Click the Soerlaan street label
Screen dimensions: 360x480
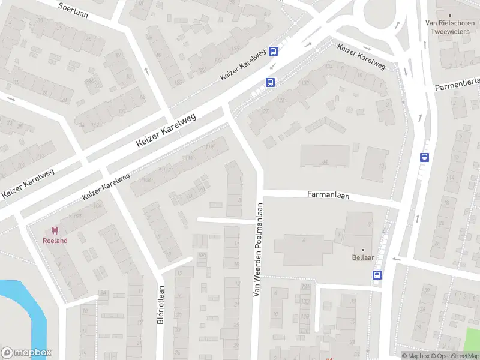click(x=73, y=10)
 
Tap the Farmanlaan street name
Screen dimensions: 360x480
click(x=328, y=195)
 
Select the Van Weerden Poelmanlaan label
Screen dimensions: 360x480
click(x=259, y=249)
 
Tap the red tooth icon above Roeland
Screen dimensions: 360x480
click(x=55, y=230)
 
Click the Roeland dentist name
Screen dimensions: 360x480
click(x=55, y=241)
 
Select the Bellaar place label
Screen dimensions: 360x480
click(x=363, y=259)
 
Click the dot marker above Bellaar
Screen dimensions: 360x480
click(x=363, y=250)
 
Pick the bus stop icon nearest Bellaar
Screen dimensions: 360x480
click(x=377, y=275)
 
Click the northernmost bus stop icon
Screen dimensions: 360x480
click(x=274, y=52)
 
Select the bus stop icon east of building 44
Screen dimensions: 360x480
click(x=425, y=158)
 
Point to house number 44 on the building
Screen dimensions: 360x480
click(x=325, y=162)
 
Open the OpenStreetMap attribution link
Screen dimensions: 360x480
click(x=454, y=356)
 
